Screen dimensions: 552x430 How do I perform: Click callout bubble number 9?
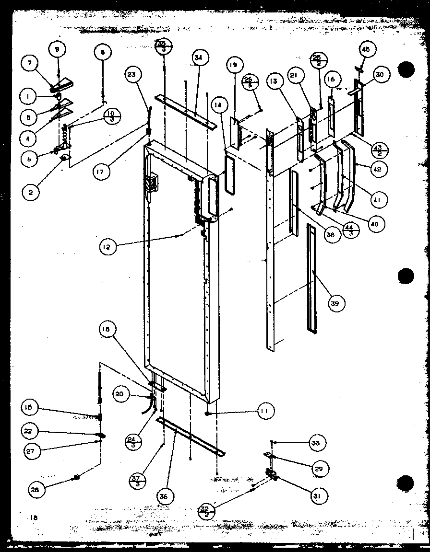click(58, 49)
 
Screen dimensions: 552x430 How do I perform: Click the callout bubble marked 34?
click(198, 58)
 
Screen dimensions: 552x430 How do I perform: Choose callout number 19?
click(234, 65)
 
